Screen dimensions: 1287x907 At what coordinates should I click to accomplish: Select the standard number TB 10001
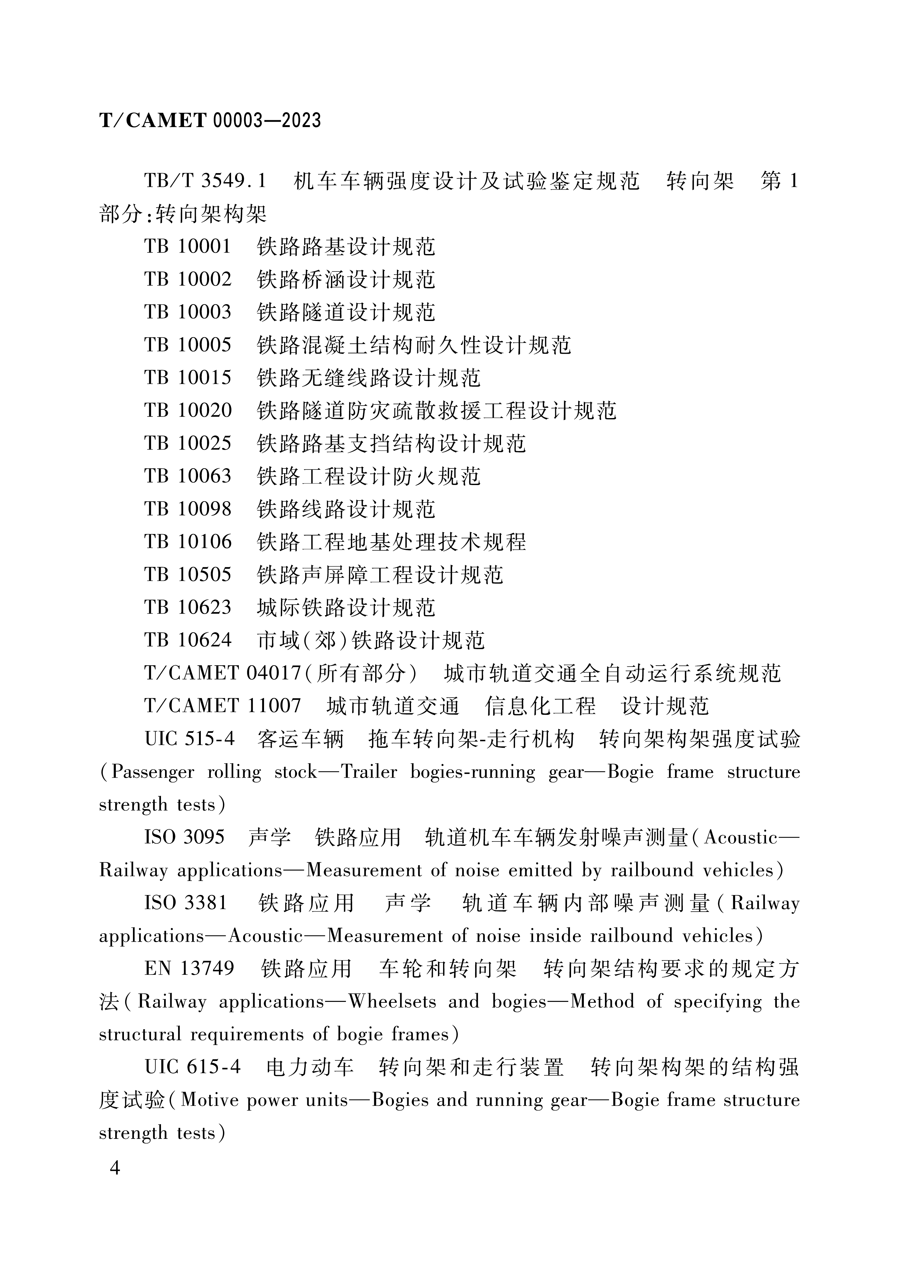pos(188,247)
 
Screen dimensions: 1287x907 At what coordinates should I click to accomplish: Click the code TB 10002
pos(188,279)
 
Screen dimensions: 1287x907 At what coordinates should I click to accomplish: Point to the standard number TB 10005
pos(188,345)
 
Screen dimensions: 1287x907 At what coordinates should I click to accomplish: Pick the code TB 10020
pos(188,410)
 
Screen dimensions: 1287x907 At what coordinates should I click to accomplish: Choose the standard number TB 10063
pos(188,476)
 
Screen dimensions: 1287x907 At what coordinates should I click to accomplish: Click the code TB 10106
pos(188,541)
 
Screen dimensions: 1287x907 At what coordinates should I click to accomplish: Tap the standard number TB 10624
pos(188,639)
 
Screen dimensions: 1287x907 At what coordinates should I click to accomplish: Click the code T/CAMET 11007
pos(223,705)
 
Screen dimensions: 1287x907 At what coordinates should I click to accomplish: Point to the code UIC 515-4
pos(190,739)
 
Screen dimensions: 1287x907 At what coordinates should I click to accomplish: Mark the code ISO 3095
pos(184,837)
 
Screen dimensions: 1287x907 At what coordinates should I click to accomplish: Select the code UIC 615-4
pos(192,1067)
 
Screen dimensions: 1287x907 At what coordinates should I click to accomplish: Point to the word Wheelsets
pos(392,1002)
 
